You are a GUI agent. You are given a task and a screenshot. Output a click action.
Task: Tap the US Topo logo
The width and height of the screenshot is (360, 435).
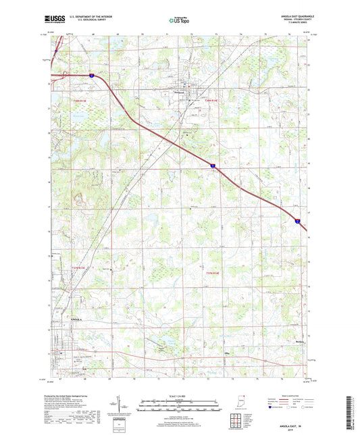pos(178,21)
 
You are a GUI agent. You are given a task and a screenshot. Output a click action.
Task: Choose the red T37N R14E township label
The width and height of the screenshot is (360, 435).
pos(212,272)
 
